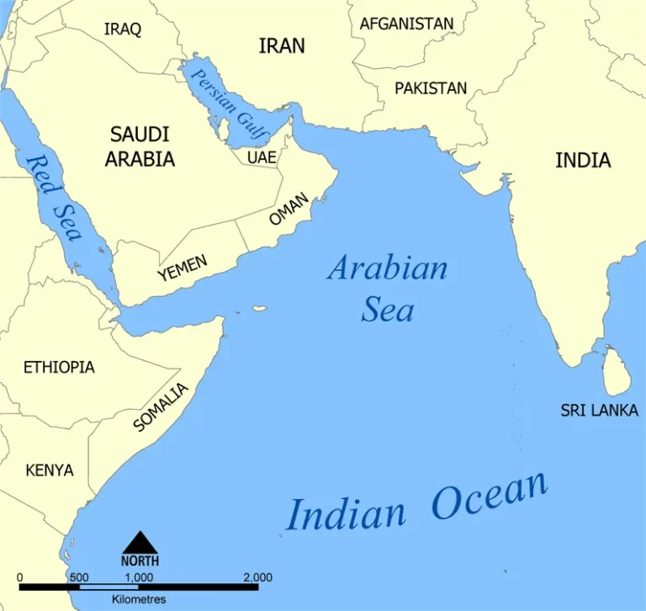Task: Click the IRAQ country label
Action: (123, 29)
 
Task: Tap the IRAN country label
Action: (282, 45)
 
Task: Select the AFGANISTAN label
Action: (406, 24)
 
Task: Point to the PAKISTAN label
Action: (431, 88)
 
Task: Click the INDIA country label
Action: (583, 160)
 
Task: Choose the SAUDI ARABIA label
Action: (140, 146)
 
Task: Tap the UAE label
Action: (260, 157)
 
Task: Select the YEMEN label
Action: (182, 268)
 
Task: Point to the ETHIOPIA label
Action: (59, 367)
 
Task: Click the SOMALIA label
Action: (161, 406)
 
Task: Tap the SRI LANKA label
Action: (600, 411)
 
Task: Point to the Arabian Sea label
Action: (388, 289)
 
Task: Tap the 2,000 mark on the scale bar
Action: (257, 577)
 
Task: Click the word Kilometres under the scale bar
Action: (139, 599)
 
